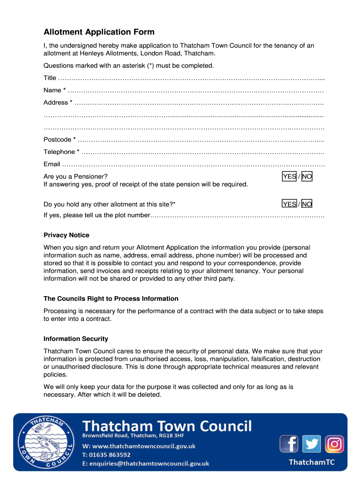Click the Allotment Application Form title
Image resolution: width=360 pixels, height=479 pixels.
99,32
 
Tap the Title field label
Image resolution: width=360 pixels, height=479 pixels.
50,78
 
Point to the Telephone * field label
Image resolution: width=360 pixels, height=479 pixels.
61,152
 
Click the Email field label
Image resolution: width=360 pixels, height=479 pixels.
52,164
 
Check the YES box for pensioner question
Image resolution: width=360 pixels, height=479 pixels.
289,176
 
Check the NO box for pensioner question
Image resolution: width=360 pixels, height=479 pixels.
307,176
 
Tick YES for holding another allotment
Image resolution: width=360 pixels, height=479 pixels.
289,204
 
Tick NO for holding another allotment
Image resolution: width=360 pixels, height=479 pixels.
307,204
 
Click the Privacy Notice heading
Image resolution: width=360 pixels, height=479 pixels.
66,235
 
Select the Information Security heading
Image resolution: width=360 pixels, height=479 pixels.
76,339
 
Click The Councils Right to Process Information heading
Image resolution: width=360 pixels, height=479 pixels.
111,298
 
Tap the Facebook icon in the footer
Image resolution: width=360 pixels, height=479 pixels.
289,443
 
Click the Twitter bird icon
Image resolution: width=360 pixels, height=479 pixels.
311,443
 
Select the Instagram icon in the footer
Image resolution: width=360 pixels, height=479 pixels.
334,443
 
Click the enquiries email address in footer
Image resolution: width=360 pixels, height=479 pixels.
145,464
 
